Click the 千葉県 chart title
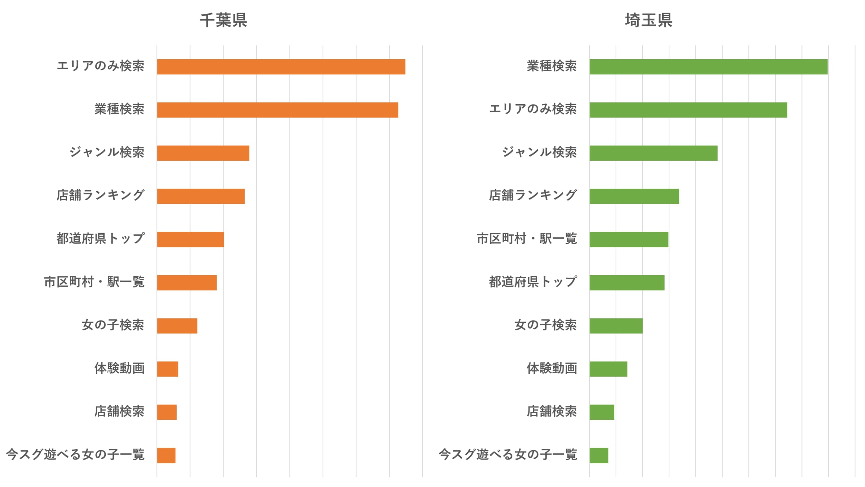tap(223, 20)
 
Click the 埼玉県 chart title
tap(648, 20)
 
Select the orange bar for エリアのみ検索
tap(281, 67)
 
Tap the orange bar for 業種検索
tap(277, 110)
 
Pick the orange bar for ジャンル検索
tap(203, 153)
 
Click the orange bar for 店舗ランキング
tap(201, 196)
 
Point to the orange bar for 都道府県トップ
tap(190, 239)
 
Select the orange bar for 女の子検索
tap(177, 326)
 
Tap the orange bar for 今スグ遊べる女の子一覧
tap(166, 455)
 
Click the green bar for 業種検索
tap(709, 67)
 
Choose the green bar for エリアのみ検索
tap(688, 110)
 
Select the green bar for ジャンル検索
tap(653, 153)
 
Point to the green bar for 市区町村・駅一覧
tap(629, 239)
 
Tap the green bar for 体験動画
tap(608, 369)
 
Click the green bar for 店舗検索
tap(602, 412)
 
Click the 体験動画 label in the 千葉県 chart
tap(119, 368)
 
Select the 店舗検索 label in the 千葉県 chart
tap(119, 411)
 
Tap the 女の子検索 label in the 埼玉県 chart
tap(545, 325)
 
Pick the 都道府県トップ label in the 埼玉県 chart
tap(533, 282)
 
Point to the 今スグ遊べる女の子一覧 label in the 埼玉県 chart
tap(508, 455)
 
